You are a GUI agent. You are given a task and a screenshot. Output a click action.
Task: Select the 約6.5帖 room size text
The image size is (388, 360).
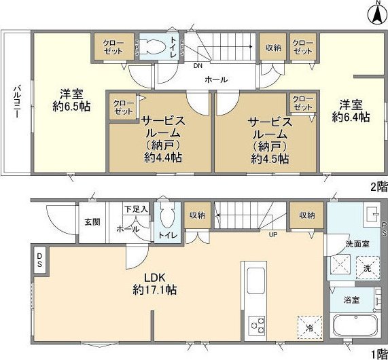coord(66,107)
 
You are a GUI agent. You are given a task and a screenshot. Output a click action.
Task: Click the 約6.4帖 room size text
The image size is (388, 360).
coord(351,117)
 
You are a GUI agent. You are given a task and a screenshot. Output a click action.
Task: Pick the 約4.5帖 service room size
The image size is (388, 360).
coord(269,158)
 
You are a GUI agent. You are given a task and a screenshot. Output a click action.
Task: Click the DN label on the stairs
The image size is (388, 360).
coord(198,67)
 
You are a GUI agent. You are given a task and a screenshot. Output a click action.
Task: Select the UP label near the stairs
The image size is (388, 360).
coord(274,234)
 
